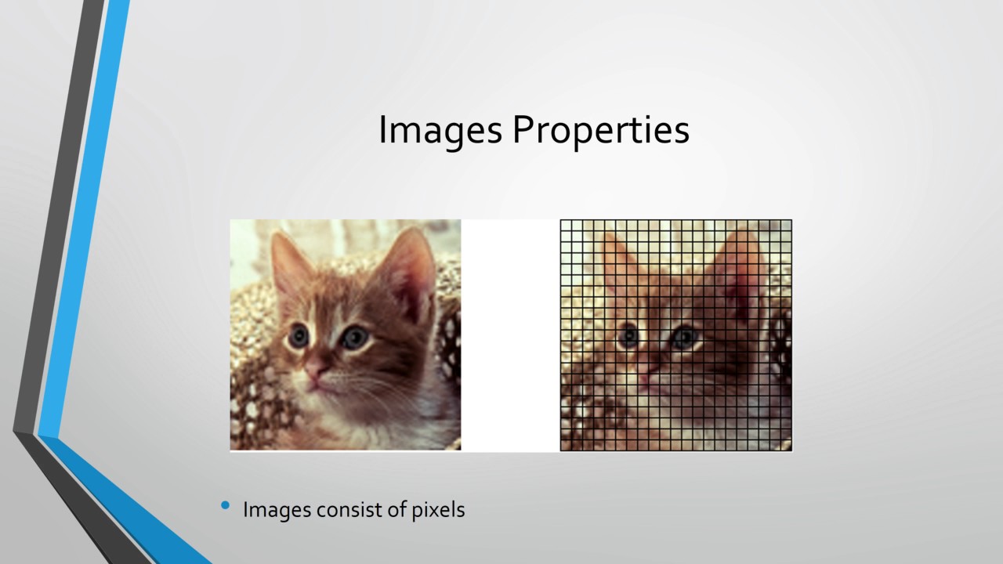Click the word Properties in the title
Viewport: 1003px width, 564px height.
pos(601,130)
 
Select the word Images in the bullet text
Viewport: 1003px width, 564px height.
pos(277,510)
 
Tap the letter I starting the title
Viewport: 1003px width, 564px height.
pos(382,130)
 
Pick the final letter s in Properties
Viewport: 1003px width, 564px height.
pos(683,132)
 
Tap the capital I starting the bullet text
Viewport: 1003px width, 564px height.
pos(245,510)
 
